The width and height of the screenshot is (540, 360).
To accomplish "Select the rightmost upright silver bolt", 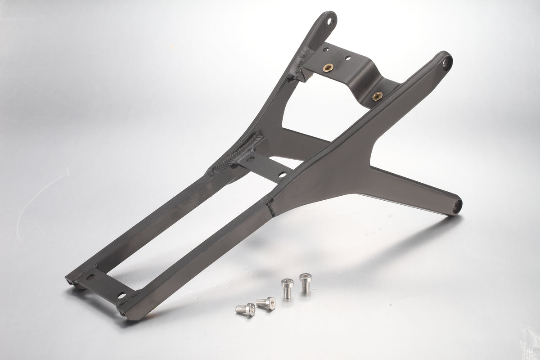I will [x=305, y=282].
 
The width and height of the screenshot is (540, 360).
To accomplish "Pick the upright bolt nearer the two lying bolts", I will [x=287, y=288].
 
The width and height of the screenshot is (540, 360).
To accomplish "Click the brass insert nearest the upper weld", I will [x=326, y=68].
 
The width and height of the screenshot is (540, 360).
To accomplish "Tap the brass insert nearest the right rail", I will [x=377, y=95].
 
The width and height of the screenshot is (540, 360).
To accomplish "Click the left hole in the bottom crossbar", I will [x=90, y=277].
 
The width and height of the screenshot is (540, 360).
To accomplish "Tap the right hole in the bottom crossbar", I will [x=121, y=295].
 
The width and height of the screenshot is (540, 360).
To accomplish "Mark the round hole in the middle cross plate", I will [x=281, y=174].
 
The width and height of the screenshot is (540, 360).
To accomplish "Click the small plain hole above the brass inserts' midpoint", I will [x=348, y=58].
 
